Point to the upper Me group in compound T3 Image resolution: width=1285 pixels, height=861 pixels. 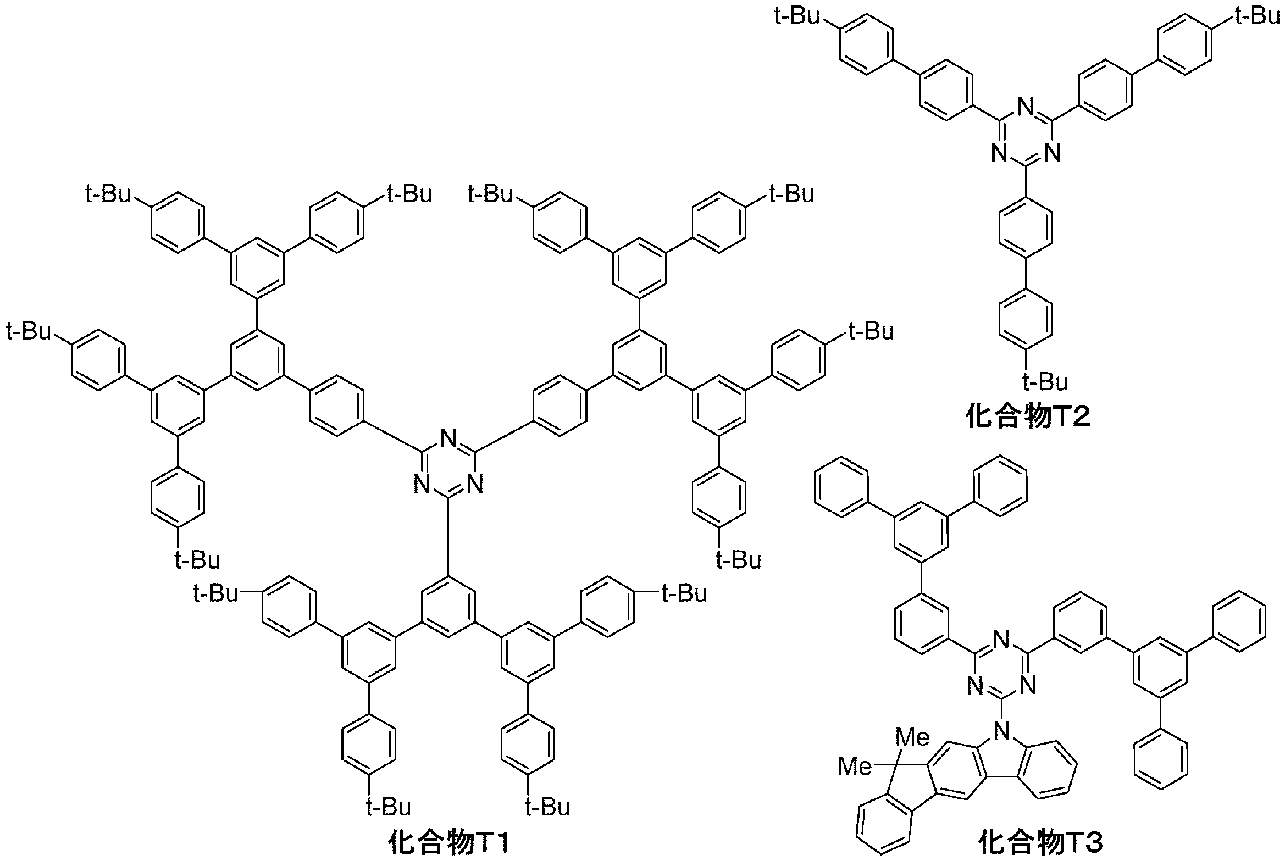coord(912,737)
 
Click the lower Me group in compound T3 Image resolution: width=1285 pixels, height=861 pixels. coord(855,766)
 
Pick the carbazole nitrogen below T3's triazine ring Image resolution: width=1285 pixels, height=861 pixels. coord(1002,730)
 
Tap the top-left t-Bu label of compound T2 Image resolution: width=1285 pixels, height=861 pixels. coord(797,16)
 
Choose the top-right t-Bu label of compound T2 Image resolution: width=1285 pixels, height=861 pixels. coord(1258,16)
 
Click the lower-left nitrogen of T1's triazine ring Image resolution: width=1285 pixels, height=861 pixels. coord(422,485)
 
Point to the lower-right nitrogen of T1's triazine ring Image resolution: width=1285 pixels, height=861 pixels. coord(476,485)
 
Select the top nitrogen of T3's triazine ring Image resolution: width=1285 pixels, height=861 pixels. coord(1002,639)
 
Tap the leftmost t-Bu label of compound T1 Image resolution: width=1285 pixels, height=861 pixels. coord(29,332)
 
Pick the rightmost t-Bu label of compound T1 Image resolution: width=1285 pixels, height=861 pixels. coord(872,332)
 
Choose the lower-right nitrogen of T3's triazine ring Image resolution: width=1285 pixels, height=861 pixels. coord(1029,686)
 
